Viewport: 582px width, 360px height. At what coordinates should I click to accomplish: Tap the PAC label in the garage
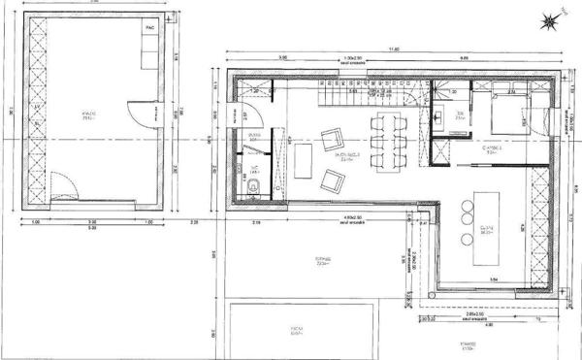point(149,29)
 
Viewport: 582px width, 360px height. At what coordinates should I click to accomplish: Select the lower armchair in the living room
point(332,180)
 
